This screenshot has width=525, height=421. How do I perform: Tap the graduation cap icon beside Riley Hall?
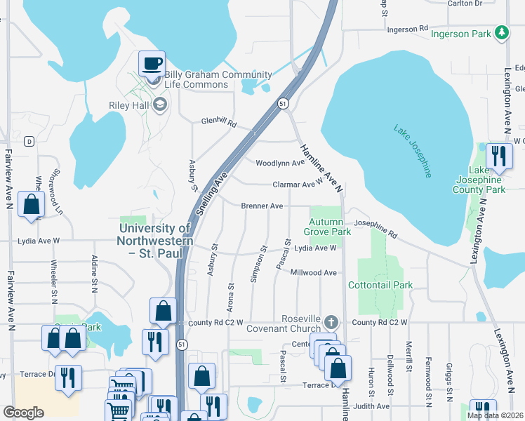coord(159,105)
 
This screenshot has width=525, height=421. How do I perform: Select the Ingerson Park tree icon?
coord(501,33)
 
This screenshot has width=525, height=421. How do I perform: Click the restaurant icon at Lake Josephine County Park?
coord(498,156)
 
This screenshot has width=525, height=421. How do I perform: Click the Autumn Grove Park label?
coord(328,226)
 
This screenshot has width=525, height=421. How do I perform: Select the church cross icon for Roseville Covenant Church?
coord(333,323)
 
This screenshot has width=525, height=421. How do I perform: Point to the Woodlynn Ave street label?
coord(280,163)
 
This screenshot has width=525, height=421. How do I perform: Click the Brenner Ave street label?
coord(262,206)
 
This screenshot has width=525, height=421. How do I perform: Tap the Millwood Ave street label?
coord(315,272)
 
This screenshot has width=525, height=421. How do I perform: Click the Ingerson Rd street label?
coord(406,29)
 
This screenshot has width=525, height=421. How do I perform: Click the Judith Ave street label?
coord(373,406)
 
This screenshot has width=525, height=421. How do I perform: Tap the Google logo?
coord(23,412)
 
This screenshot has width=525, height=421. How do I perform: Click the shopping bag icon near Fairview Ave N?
coord(32,205)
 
